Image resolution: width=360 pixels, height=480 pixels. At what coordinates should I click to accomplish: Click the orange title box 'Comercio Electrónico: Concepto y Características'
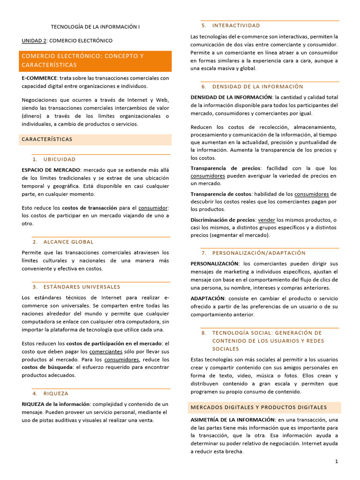(96, 60)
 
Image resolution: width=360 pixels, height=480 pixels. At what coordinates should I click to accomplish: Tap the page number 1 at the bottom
(337, 462)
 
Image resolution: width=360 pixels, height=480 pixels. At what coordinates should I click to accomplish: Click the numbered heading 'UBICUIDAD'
(59, 159)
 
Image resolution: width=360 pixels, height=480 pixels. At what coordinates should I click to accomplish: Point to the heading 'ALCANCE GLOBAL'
(68, 242)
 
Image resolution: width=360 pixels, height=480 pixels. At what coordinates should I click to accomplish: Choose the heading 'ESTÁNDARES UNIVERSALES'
(82, 287)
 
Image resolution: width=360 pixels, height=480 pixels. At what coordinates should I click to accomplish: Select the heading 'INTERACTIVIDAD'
(236, 25)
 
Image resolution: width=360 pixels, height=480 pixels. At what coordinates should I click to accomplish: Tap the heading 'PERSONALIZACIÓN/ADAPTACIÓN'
(259, 253)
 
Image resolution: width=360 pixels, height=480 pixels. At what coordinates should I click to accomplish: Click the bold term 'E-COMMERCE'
(39, 78)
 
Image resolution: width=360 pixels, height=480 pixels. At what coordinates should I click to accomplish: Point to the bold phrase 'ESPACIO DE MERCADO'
(51, 170)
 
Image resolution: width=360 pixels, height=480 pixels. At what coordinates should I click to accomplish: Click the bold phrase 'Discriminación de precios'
(223, 220)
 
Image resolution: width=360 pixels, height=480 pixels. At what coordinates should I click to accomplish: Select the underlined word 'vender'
(267, 220)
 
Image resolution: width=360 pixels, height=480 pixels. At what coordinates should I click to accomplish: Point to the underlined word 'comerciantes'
(106, 351)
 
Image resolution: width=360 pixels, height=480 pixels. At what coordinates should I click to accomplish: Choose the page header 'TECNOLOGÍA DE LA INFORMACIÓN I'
(95, 27)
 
